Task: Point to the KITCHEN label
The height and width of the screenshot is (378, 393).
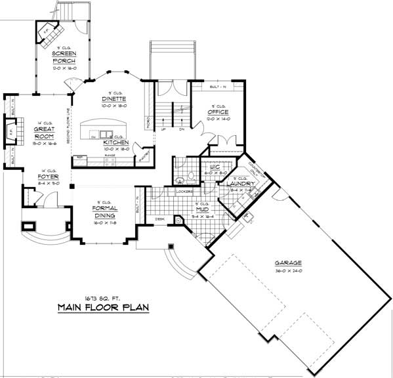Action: coord(116,142)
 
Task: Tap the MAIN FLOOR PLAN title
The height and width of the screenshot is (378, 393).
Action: coord(104,307)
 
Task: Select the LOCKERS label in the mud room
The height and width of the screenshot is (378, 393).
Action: coord(185,192)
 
